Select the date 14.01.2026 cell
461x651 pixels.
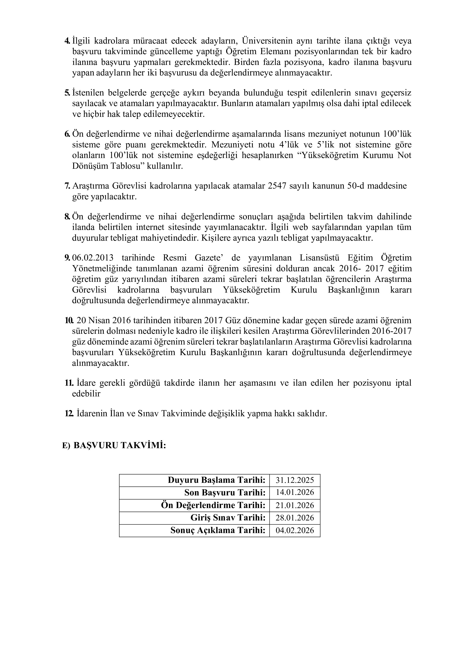pos(295,492)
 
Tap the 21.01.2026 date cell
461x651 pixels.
pos(295,505)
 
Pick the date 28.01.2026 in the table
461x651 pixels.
pos(295,517)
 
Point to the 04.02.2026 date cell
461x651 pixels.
pos(295,530)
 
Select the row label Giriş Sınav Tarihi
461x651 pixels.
pos(228,517)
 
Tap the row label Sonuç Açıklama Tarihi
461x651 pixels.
pos(218,530)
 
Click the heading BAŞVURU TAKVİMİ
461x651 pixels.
pos(120,445)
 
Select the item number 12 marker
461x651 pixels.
pos(68,413)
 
